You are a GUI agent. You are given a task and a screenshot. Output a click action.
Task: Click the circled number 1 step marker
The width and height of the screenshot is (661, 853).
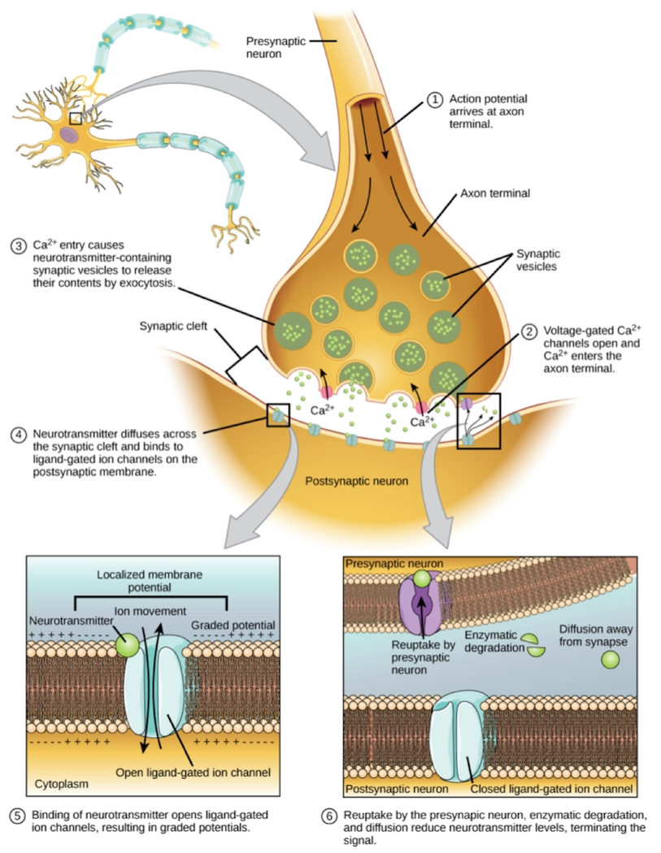(434, 100)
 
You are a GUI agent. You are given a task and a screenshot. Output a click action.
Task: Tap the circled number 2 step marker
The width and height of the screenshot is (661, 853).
(528, 331)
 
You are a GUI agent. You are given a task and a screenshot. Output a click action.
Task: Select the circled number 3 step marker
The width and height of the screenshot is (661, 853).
(19, 246)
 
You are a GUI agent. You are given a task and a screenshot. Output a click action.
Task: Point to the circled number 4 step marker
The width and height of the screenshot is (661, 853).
(19, 435)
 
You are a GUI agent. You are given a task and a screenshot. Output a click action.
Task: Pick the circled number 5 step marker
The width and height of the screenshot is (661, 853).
(17, 816)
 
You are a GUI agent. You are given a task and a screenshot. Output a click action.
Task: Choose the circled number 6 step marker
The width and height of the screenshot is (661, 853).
(328, 816)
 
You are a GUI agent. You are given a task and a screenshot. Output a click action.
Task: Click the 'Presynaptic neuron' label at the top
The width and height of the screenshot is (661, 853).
(276, 47)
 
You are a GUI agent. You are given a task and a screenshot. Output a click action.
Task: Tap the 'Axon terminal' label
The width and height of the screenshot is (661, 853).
(495, 193)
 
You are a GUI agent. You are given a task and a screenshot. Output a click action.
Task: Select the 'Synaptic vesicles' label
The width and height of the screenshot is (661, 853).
(538, 260)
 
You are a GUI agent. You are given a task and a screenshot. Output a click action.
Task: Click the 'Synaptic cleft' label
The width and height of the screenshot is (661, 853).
(173, 326)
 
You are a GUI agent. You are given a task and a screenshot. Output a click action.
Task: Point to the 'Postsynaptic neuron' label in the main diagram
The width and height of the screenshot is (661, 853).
(357, 481)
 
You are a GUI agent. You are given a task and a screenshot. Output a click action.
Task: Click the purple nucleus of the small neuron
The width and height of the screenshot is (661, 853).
(69, 134)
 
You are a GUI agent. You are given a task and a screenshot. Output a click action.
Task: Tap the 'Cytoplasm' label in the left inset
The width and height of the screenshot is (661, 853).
(62, 784)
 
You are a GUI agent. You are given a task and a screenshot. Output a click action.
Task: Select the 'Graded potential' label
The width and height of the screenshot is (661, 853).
(233, 625)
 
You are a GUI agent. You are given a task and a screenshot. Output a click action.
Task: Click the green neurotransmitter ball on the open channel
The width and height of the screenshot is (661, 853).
(128, 646)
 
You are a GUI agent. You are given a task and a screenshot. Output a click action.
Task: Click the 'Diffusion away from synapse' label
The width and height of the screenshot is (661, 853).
(596, 635)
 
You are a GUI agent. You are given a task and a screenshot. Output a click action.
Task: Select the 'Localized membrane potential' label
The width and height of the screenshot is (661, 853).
(149, 581)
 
